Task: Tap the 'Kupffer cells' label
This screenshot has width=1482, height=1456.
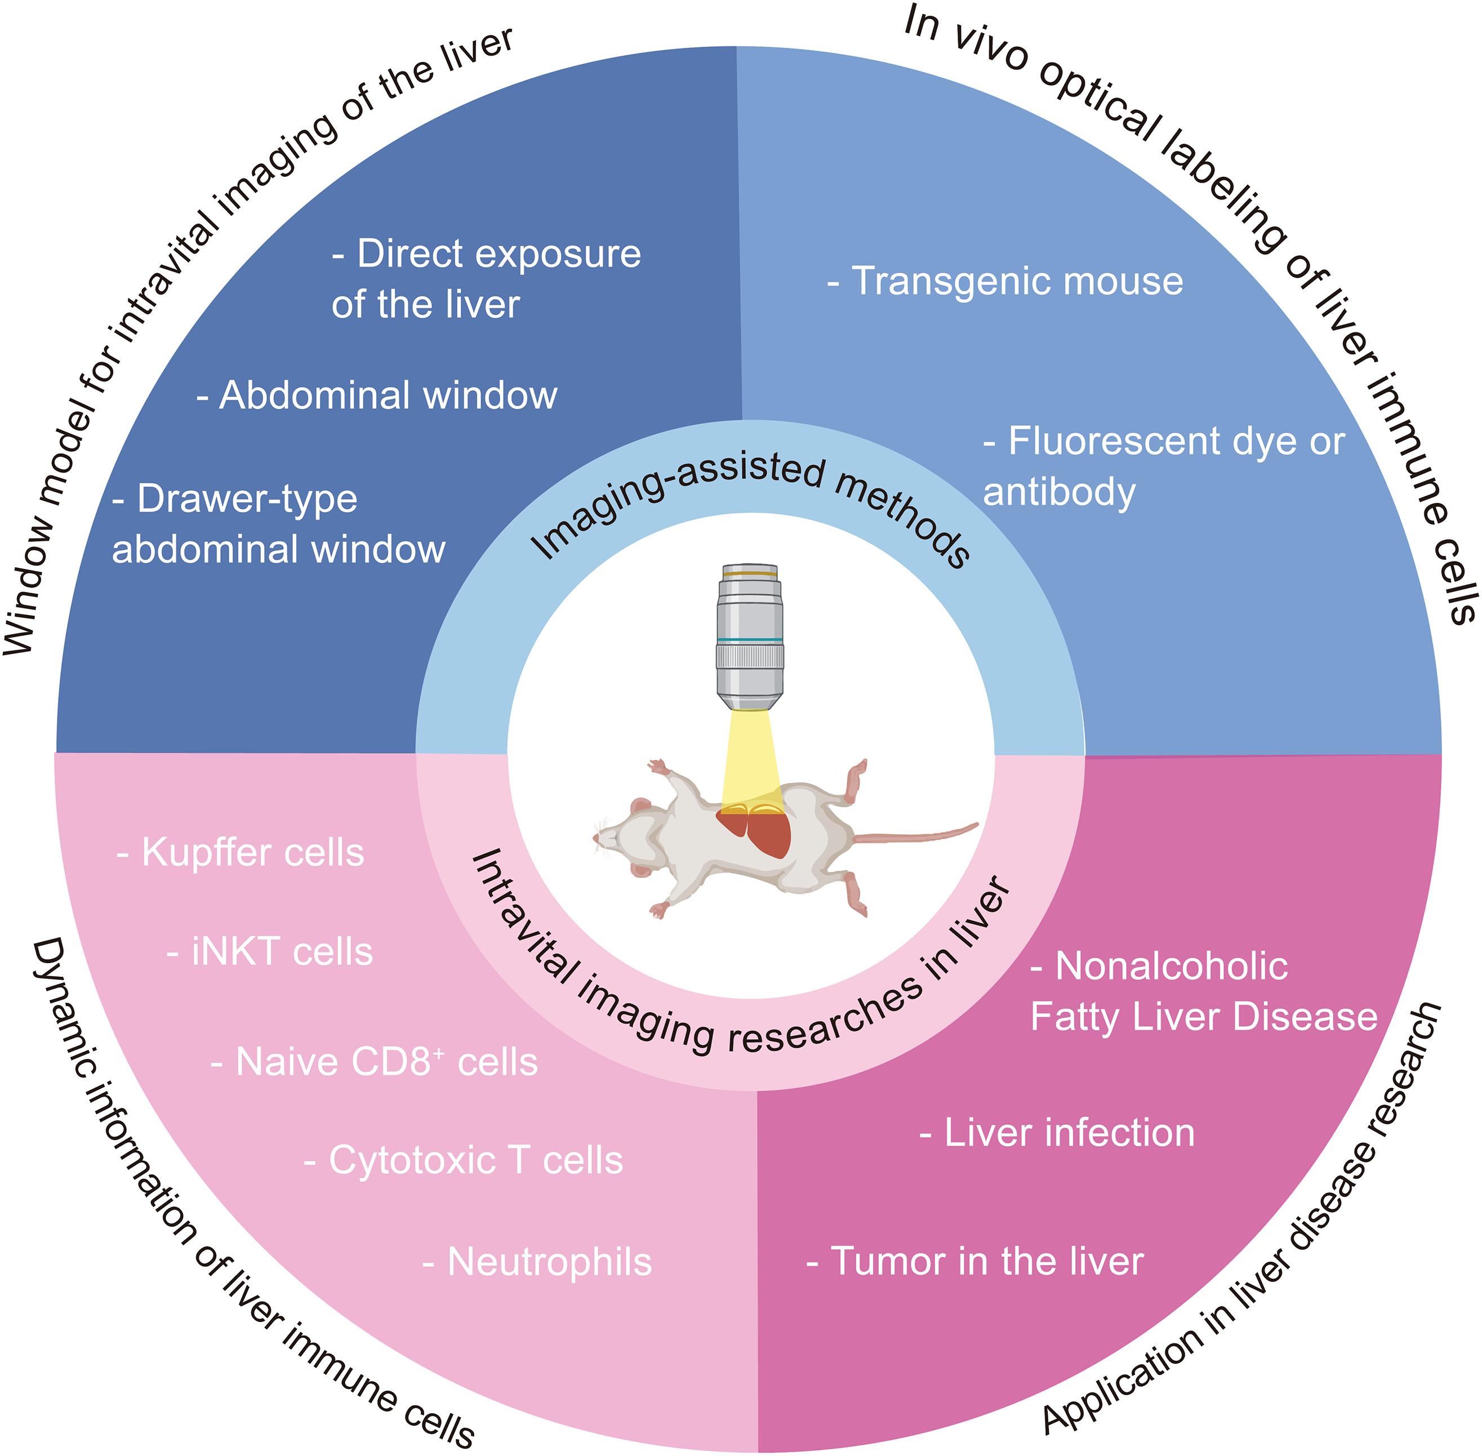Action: (x=242, y=853)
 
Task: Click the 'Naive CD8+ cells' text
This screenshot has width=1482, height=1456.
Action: (x=375, y=1063)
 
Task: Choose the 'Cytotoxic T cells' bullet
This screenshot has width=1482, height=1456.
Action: (x=464, y=1161)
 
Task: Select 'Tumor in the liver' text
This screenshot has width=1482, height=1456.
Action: (x=976, y=1262)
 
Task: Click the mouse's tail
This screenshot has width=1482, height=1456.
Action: (x=918, y=834)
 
